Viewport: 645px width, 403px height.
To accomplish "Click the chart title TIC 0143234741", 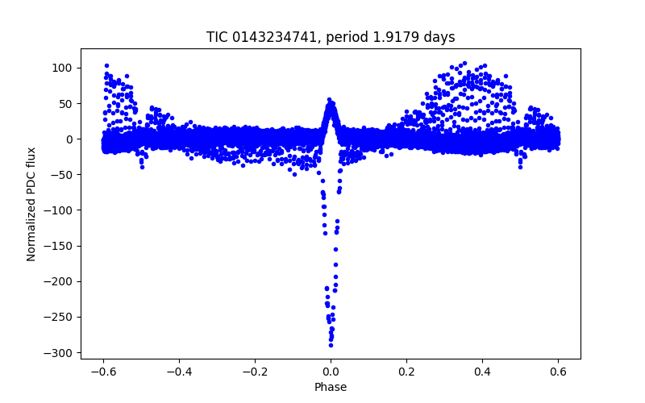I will pos(331,37).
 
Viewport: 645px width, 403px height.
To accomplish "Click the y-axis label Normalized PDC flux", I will pos(31,204).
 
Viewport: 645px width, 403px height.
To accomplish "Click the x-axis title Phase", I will pos(331,387).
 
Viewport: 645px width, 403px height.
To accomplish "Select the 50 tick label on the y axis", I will pos(68,103).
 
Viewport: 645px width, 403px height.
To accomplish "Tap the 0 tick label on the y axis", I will pos(71,139).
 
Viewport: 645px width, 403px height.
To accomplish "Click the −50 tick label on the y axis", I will pos(64,175).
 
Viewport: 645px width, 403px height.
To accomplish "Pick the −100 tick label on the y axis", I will pos(61,210).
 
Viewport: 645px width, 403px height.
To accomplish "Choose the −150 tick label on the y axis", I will pos(61,246).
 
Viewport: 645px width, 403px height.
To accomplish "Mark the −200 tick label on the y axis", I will pos(61,281).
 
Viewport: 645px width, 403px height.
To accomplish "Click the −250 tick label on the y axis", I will pos(61,317).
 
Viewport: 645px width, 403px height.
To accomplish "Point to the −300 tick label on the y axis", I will pos(61,352).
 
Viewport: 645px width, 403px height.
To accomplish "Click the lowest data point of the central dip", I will pos(331,345).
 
